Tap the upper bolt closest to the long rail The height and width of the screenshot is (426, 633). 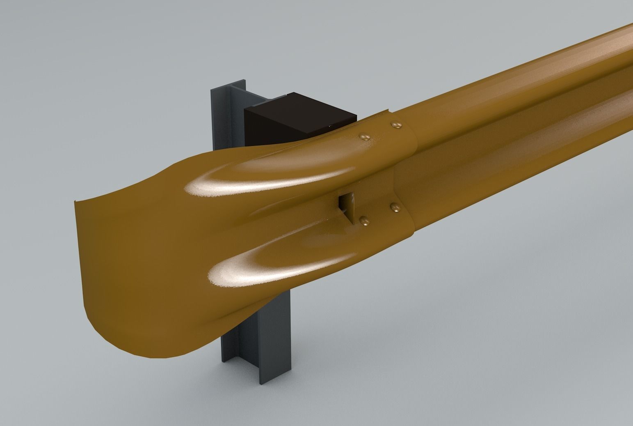396,124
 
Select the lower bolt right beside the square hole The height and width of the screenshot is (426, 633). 365,222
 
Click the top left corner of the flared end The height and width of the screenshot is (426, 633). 76,202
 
